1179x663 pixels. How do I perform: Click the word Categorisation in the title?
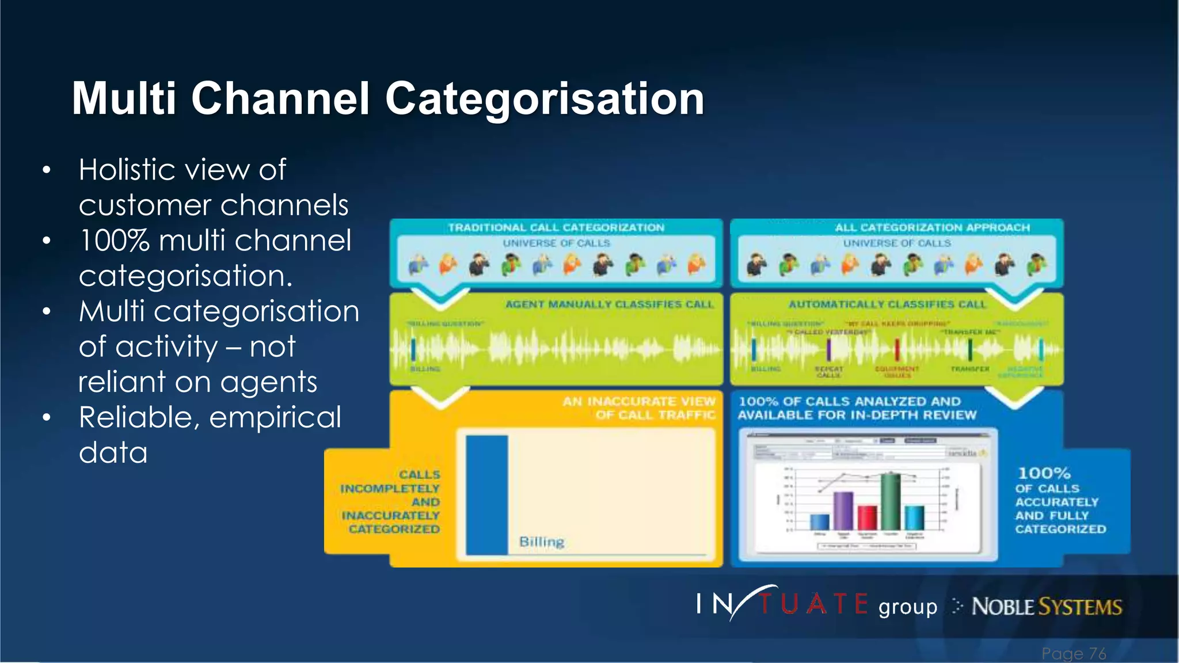point(544,99)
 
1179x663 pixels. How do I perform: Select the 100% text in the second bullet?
point(114,241)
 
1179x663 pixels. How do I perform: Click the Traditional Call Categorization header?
point(556,228)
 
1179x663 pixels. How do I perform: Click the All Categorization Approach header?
point(932,228)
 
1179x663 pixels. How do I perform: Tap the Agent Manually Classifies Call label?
point(609,304)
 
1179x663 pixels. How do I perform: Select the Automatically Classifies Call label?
point(887,304)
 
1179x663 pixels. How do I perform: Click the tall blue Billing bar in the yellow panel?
point(486,495)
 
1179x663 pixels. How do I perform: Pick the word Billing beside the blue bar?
point(541,542)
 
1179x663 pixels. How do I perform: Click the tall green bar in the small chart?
point(891,501)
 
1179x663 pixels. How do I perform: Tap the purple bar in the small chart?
point(843,510)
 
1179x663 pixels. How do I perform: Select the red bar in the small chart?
point(867,517)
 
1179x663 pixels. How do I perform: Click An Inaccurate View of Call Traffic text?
point(639,408)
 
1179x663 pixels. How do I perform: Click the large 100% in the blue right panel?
point(1044,474)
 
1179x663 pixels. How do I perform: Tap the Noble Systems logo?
point(1046,607)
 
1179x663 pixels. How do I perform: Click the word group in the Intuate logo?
point(908,607)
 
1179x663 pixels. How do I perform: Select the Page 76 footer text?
point(1074,654)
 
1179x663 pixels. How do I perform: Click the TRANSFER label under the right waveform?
point(970,369)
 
